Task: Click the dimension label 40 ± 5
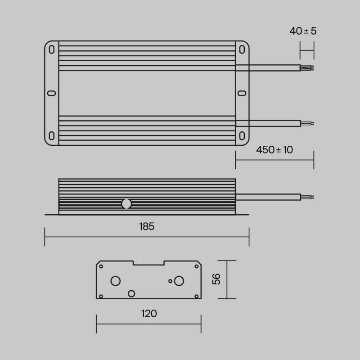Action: click(x=303, y=31)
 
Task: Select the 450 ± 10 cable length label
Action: click(x=274, y=150)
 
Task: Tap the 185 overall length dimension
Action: click(x=147, y=226)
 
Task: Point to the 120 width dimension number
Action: click(x=149, y=313)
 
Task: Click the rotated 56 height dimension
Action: click(x=216, y=279)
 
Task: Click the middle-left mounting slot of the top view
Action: click(x=51, y=93)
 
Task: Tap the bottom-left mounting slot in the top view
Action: click(x=52, y=136)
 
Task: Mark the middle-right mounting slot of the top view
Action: click(x=242, y=93)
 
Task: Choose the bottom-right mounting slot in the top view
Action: click(x=242, y=136)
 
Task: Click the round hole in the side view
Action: click(x=126, y=204)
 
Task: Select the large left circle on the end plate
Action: click(x=116, y=281)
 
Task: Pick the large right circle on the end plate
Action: click(x=179, y=281)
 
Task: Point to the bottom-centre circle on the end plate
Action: click(x=131, y=293)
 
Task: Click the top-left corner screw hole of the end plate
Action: click(x=101, y=266)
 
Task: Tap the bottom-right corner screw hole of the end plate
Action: click(x=197, y=296)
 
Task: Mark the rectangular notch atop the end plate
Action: click(x=148, y=262)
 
